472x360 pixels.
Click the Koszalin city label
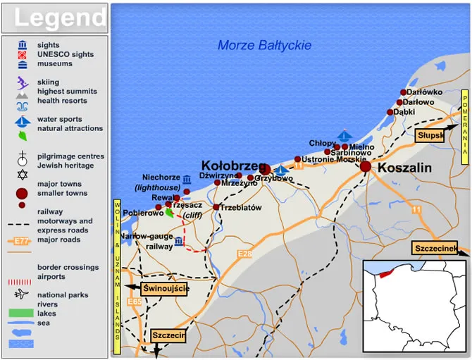point(405,168)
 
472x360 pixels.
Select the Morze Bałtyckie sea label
point(264,45)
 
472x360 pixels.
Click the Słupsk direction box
point(430,135)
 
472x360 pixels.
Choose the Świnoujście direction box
point(165,288)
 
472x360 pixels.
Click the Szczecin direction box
point(168,336)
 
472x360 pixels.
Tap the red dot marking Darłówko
point(404,92)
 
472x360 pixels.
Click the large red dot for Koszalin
point(365,167)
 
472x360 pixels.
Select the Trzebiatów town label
point(241,208)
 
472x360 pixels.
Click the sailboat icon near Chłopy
point(344,134)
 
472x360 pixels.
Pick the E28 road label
point(245,254)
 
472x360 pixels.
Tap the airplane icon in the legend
point(23,294)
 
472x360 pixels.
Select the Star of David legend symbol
point(23,173)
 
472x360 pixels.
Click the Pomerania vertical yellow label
point(465,127)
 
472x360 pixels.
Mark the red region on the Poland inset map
point(384,273)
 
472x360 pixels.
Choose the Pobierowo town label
point(143,213)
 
